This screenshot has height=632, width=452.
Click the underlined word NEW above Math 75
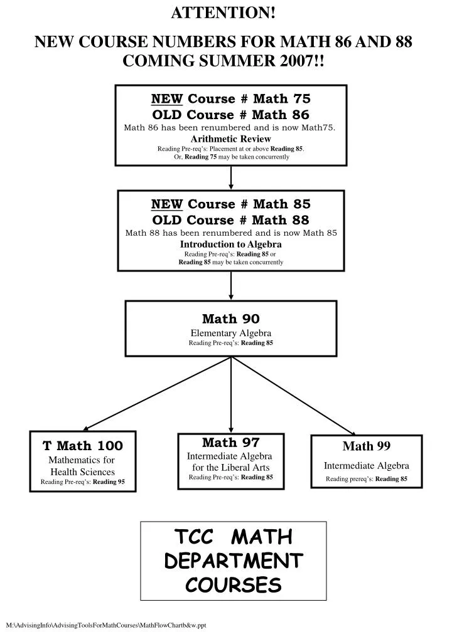[167, 98]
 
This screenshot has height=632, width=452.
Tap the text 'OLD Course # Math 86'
[231, 114]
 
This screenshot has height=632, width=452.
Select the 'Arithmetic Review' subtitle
[230, 139]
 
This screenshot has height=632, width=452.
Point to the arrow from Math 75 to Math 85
[231, 177]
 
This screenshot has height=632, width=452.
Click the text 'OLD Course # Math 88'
[231, 219]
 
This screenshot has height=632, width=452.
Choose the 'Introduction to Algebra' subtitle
[231, 244]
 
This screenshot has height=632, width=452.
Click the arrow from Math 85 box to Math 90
[231, 286]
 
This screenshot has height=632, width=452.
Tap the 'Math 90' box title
[231, 319]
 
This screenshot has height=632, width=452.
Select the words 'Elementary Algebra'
[231, 333]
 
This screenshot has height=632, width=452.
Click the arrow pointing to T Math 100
[157, 394]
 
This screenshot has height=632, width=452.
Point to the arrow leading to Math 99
[294, 394]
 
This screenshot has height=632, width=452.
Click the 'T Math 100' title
[83, 446]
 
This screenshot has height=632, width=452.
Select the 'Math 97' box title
[231, 443]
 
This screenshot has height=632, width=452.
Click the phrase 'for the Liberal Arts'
[231, 467]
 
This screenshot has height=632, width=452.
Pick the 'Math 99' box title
[367, 446]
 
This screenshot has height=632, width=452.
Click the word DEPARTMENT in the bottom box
[234, 561]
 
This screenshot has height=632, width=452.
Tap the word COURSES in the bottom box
[234, 584]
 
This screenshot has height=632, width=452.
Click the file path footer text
[105, 625]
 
